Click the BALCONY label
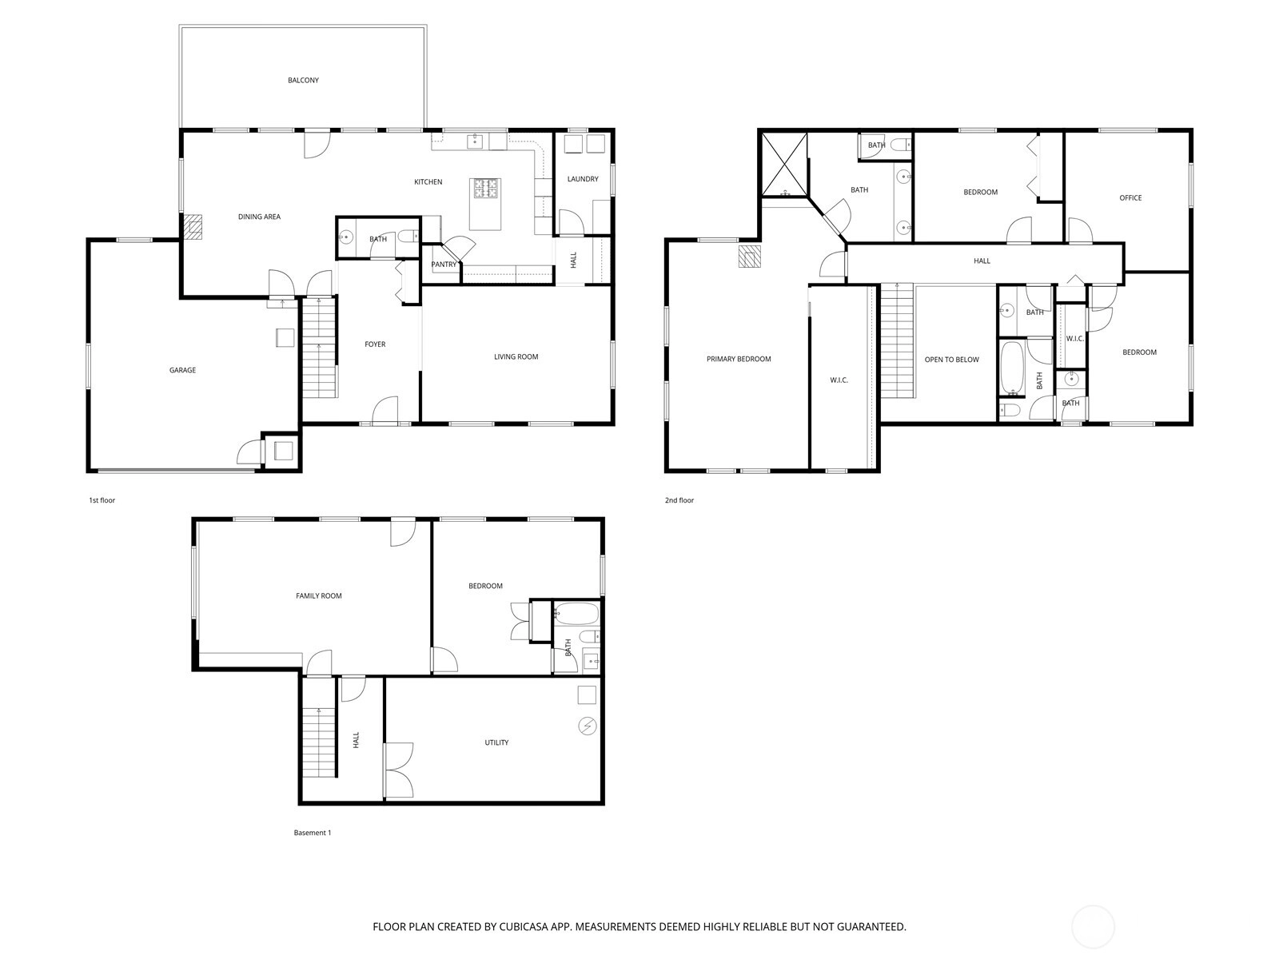(303, 81)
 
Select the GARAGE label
(182, 370)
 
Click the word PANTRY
(444, 265)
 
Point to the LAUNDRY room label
(583, 179)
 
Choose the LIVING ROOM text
(516, 357)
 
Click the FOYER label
(375, 344)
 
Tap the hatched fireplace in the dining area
(193, 227)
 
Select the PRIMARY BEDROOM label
(739, 360)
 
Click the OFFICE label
(1130, 198)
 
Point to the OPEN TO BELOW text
(951, 360)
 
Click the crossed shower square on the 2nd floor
(785, 164)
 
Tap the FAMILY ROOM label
(319, 596)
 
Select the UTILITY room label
(496, 743)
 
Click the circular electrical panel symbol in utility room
(588, 726)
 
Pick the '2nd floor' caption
(679, 500)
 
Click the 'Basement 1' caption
(313, 833)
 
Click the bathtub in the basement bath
(576, 614)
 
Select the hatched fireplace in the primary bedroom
(749, 257)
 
